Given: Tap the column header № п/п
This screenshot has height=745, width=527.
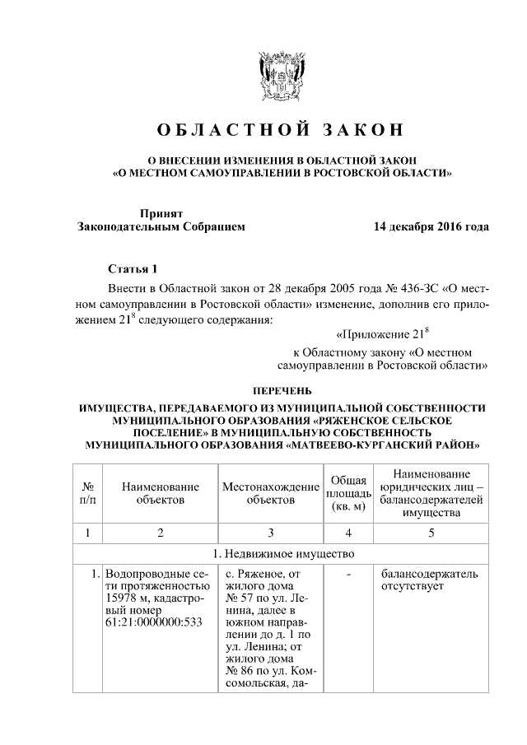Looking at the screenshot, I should tap(87, 492).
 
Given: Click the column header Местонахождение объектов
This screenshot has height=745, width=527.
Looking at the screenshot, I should tap(271, 492).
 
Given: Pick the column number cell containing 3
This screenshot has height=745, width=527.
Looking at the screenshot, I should tap(271, 532).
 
